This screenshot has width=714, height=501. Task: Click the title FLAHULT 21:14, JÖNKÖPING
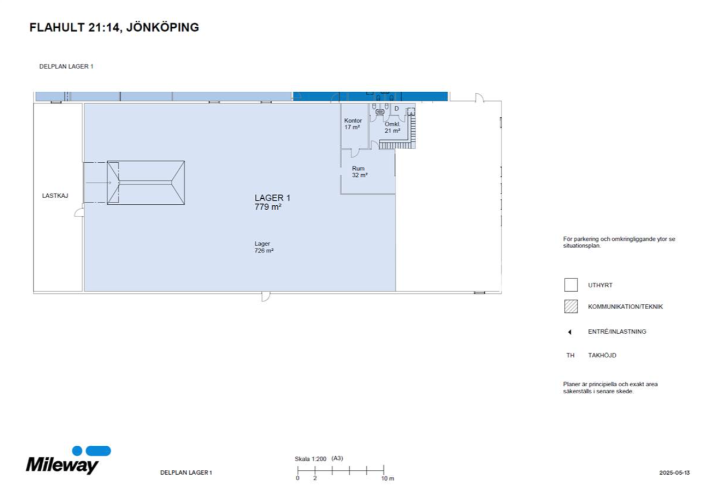[114, 27]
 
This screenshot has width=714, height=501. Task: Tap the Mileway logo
[68, 460]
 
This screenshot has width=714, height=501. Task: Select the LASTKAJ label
[55, 196]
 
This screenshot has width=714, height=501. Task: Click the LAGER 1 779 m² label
[272, 203]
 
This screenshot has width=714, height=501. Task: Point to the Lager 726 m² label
[264, 247]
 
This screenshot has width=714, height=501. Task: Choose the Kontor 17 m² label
[353, 124]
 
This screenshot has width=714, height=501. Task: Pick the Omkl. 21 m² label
[392, 128]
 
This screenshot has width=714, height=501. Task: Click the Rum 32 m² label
[359, 172]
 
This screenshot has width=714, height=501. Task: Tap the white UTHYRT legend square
[571, 285]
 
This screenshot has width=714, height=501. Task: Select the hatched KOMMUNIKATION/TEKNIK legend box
[571, 306]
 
